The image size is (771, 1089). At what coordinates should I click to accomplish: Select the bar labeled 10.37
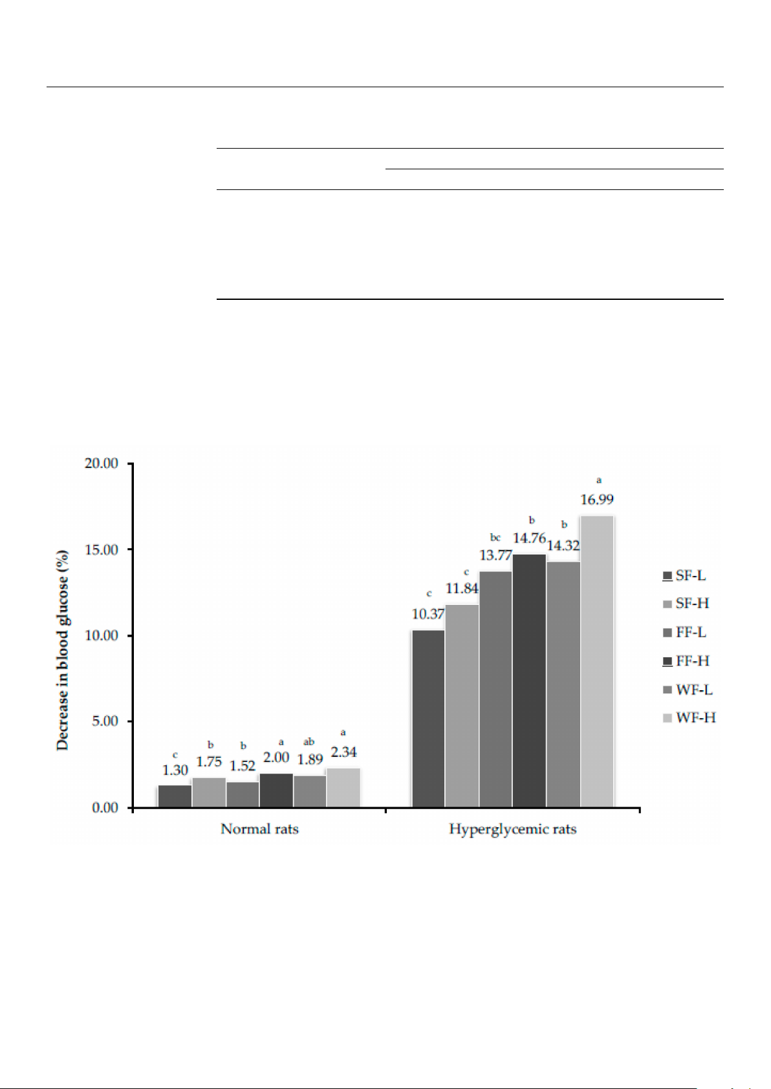click(428, 718)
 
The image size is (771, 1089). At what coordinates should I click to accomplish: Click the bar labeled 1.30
click(175, 796)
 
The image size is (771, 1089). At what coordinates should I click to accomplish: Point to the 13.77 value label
click(495, 555)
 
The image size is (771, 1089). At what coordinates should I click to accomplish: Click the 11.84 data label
click(462, 588)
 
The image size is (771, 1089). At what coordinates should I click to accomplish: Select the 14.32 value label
click(563, 545)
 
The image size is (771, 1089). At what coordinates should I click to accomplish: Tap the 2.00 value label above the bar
click(276, 757)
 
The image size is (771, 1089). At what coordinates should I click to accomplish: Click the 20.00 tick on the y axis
click(102, 463)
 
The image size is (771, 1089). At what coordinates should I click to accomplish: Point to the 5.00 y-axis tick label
click(105, 721)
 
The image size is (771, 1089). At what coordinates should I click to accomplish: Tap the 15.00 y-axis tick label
click(102, 549)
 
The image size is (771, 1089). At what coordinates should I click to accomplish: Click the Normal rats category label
click(259, 829)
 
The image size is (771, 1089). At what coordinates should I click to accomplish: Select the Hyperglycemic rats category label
click(512, 829)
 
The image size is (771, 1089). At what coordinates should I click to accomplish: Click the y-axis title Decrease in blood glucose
click(62, 650)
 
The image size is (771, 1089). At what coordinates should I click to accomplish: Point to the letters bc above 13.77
click(495, 538)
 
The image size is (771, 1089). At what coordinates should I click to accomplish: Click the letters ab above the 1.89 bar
click(309, 742)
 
